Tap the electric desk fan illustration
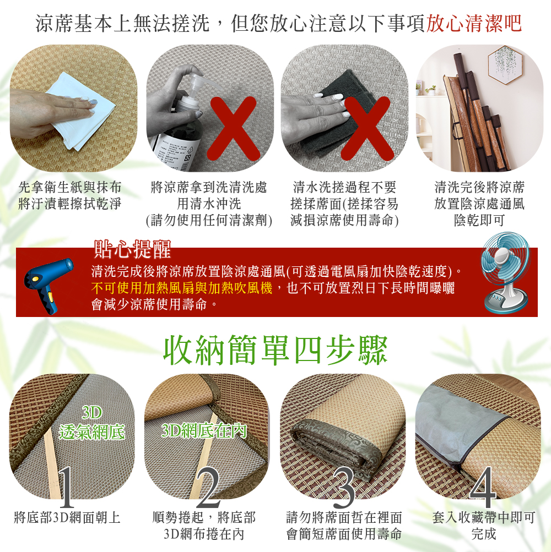coord(505,272)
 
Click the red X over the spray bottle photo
coord(233,128)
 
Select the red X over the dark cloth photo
coord(367,128)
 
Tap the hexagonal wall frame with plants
coord(505,65)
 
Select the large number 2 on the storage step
coord(208,487)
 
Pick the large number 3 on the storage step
coord(343,487)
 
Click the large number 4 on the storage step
coord(483,487)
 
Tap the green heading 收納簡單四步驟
coord(275,350)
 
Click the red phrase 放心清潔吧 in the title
coord(474,24)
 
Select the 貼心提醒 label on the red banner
coord(133,249)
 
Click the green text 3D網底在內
coord(204,430)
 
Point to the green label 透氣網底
coord(92,432)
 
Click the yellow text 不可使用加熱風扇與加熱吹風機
coord(182,288)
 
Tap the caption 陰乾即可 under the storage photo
coord(479,220)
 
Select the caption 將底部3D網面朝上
coord(67,517)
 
